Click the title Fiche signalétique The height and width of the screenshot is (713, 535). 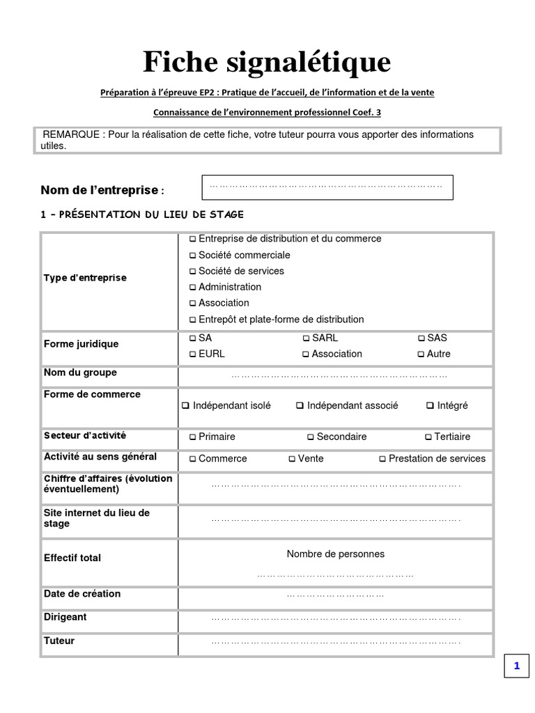(x=267, y=62)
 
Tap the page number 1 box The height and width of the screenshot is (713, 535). (x=517, y=666)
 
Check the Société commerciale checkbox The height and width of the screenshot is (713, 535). (x=193, y=256)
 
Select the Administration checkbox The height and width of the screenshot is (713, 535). (x=193, y=288)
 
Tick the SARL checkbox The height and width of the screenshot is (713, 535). (x=307, y=338)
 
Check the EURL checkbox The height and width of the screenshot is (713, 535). (x=193, y=354)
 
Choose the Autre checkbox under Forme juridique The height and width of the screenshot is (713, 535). (x=421, y=354)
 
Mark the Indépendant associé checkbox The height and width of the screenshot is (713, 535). (x=300, y=406)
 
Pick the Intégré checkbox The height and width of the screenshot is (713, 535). (x=430, y=406)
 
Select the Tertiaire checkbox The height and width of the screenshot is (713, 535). (x=428, y=437)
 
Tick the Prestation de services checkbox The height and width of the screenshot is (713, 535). (x=382, y=460)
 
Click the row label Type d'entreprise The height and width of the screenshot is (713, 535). (x=85, y=278)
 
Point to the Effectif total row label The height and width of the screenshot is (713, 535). (x=72, y=558)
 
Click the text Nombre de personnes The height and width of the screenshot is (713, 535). (x=335, y=554)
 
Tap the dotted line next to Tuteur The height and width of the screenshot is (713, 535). (x=335, y=642)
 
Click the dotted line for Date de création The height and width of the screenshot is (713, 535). (x=335, y=596)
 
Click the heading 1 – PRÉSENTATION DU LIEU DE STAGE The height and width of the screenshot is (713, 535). (x=142, y=214)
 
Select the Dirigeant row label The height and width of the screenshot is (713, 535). (x=65, y=618)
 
